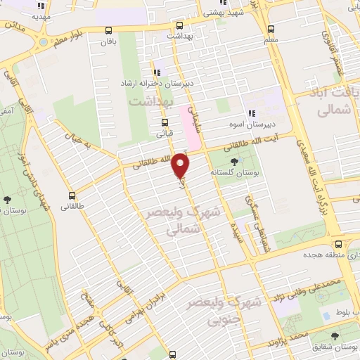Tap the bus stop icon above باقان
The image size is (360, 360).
[x=108, y=30]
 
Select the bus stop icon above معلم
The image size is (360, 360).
[x=271, y=29]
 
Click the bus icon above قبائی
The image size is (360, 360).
[x=165, y=121]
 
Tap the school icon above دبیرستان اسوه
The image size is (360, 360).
[x=250, y=115]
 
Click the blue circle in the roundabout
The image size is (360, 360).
[x=43, y=43]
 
